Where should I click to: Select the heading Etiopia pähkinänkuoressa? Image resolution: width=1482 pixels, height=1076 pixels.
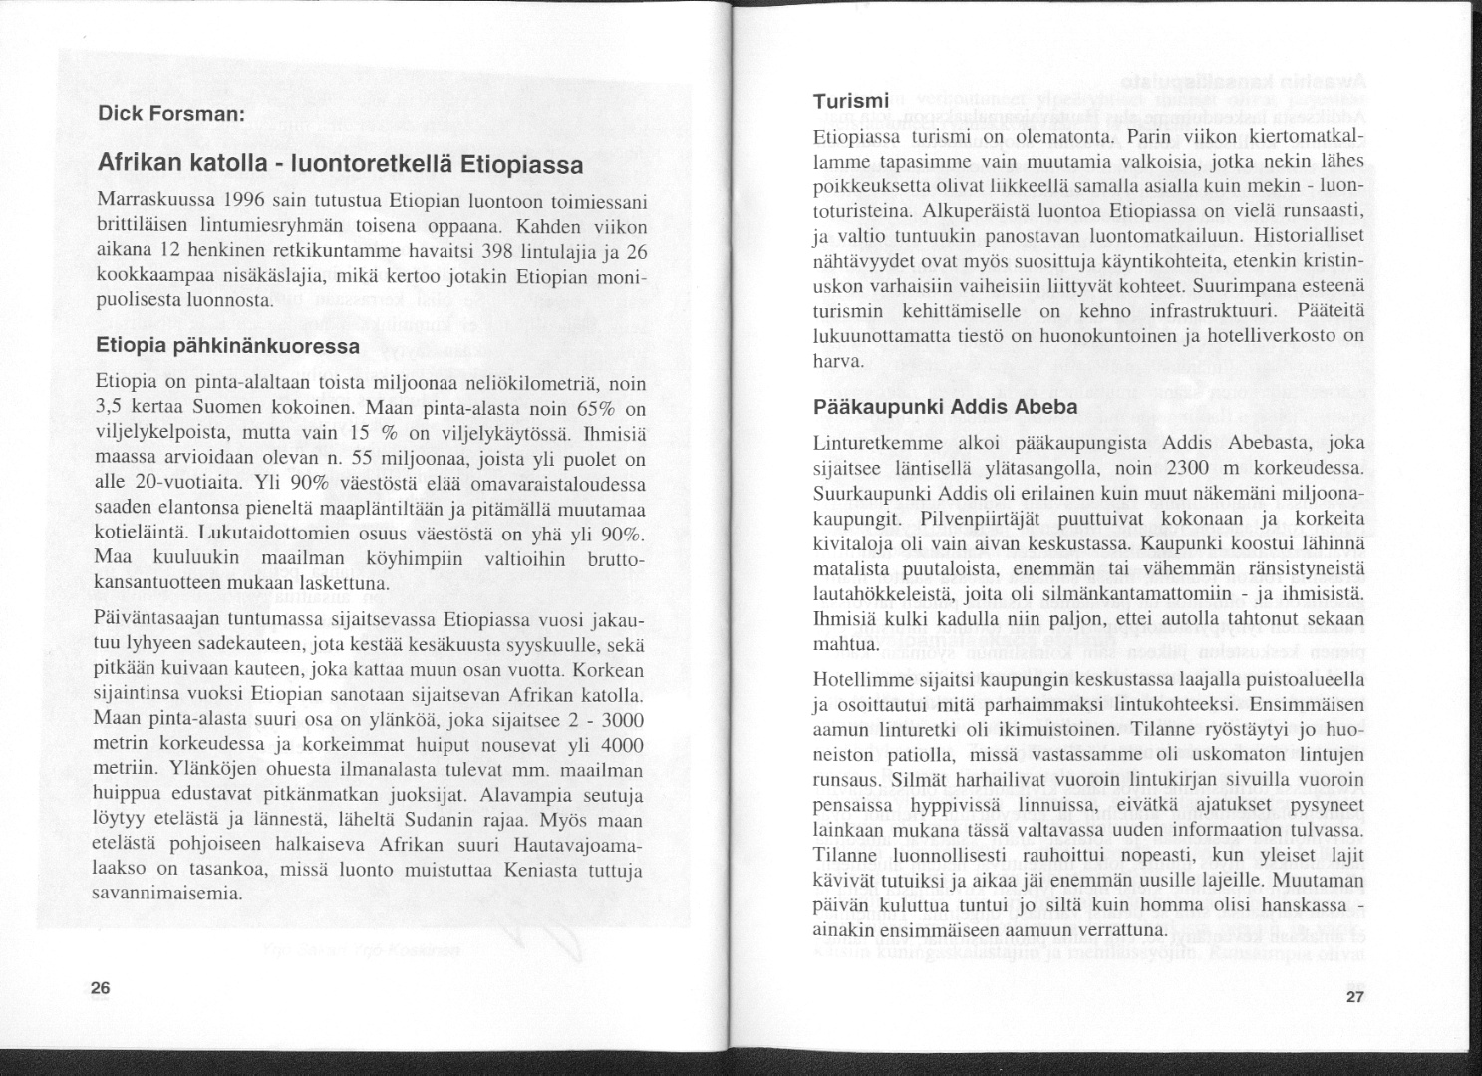227,346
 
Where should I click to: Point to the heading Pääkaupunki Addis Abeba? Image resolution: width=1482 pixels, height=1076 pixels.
945,407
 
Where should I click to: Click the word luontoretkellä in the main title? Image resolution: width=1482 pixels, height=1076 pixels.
372,164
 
